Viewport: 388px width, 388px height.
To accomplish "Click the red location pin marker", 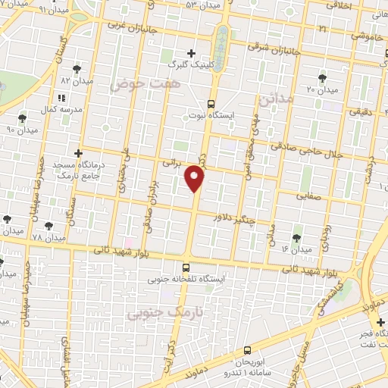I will point(196,179).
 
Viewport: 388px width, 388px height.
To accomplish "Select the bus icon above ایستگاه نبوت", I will point(211,104).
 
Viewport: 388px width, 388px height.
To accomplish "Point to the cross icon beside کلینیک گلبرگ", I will point(192,53).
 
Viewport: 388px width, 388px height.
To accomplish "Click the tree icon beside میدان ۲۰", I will point(324,77).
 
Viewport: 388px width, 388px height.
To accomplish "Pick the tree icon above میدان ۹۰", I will point(22,117).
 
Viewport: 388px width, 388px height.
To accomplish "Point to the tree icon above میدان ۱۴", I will point(296,228).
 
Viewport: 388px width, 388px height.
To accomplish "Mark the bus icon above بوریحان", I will point(249,350).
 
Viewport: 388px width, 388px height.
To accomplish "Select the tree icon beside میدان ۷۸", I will point(49,226).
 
